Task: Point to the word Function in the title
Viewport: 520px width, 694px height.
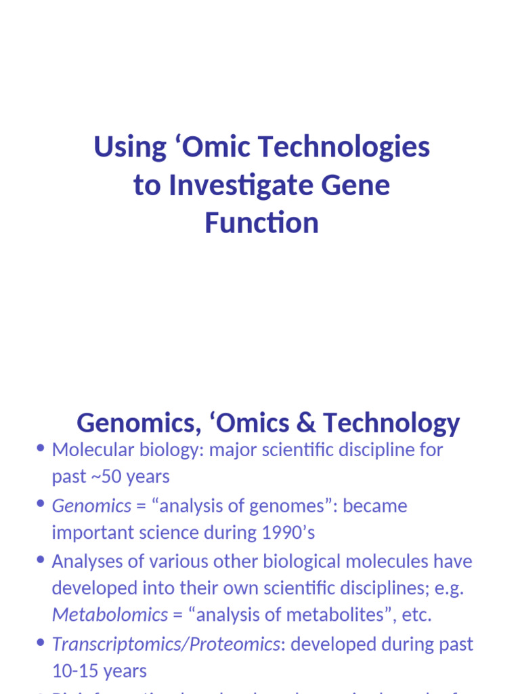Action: [x=261, y=223]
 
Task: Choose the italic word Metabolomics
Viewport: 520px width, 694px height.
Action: [x=110, y=615]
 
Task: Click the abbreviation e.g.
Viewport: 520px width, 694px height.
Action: [x=449, y=588]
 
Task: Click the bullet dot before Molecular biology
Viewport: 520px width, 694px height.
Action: [x=41, y=449]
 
